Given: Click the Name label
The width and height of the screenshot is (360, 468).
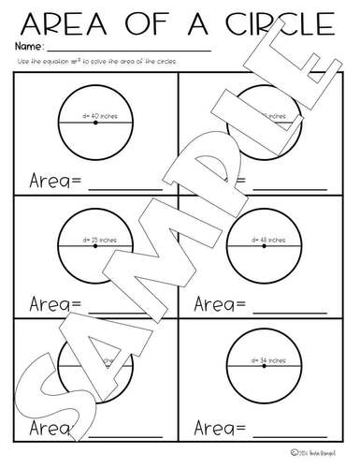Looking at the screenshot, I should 28,45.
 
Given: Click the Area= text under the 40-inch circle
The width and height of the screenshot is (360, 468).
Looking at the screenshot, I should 52,181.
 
